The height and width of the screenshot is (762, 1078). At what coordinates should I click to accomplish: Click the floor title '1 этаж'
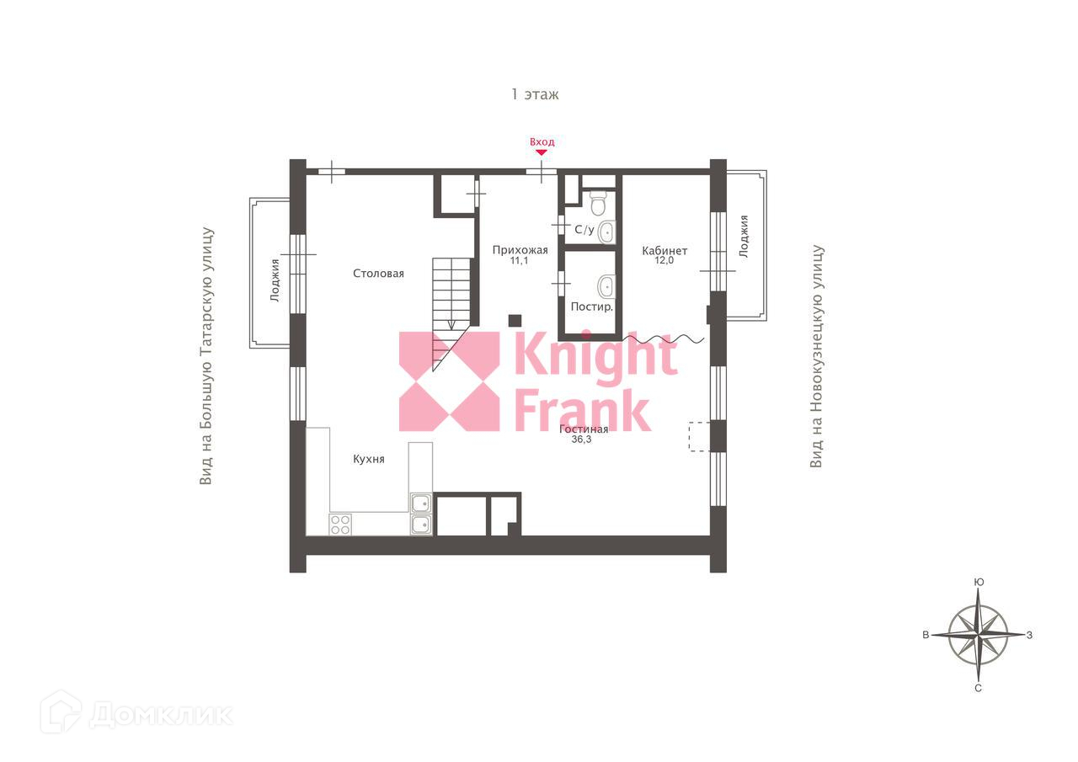[535, 94]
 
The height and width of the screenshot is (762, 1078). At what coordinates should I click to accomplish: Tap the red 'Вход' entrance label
[542, 142]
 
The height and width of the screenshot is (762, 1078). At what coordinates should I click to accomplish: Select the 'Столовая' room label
[378, 274]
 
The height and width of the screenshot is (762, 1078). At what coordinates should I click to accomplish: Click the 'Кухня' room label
[368, 459]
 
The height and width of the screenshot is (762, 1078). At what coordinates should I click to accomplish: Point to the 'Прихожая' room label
[520, 250]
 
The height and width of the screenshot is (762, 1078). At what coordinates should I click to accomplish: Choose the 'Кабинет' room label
[664, 251]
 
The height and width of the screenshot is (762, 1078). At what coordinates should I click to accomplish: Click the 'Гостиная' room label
[584, 429]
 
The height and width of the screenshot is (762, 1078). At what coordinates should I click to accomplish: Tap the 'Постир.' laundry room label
[591, 306]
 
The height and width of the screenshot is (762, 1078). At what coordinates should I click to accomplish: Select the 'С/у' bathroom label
[584, 229]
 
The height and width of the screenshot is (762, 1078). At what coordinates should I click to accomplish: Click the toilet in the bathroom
[598, 204]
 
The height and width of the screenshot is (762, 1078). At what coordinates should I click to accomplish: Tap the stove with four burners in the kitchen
[340, 525]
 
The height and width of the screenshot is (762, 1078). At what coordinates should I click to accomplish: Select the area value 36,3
[581, 440]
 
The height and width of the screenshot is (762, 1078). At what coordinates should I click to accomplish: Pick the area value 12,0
[664, 261]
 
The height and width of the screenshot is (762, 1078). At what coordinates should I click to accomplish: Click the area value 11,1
[520, 261]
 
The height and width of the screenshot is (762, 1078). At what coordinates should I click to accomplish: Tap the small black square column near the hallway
[515, 320]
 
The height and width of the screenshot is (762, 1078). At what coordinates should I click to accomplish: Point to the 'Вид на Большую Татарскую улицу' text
[206, 355]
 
